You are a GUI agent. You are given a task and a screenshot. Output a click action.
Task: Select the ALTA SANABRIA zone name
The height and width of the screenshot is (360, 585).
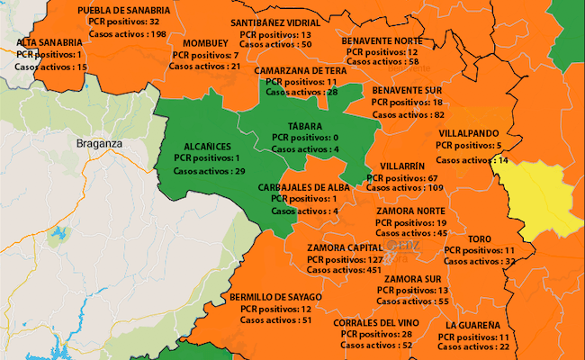[x=50, y=42]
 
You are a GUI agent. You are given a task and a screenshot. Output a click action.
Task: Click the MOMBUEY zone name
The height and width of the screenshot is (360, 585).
[x=205, y=43]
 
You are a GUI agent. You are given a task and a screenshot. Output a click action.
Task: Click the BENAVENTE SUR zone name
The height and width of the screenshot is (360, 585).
[x=408, y=91]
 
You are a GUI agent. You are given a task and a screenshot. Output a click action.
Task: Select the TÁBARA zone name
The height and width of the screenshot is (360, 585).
[x=305, y=126]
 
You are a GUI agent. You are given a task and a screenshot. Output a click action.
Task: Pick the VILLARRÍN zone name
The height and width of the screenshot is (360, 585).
[x=403, y=166]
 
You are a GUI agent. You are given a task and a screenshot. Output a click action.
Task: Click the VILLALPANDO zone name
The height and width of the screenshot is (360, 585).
[x=468, y=131]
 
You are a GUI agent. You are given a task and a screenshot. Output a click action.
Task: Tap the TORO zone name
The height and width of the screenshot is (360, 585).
[x=479, y=238]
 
